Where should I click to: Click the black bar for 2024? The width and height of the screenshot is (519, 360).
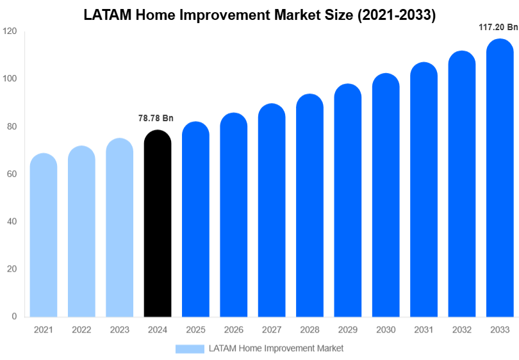[158, 224]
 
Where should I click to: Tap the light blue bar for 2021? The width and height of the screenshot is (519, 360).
[44, 237]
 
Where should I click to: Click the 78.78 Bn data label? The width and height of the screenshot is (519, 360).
[156, 119]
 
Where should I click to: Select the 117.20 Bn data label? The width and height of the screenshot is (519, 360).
[498, 28]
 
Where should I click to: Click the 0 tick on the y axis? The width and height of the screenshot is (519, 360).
[14, 316]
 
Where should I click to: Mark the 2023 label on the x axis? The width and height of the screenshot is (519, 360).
[119, 330]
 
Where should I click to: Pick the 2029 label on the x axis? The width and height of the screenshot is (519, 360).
[347, 330]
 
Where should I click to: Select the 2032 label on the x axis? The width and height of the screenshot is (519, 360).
[461, 330]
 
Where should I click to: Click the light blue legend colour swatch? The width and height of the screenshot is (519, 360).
[190, 348]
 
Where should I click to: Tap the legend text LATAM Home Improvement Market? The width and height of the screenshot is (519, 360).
[276, 348]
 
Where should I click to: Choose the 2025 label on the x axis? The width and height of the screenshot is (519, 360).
[195, 330]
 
